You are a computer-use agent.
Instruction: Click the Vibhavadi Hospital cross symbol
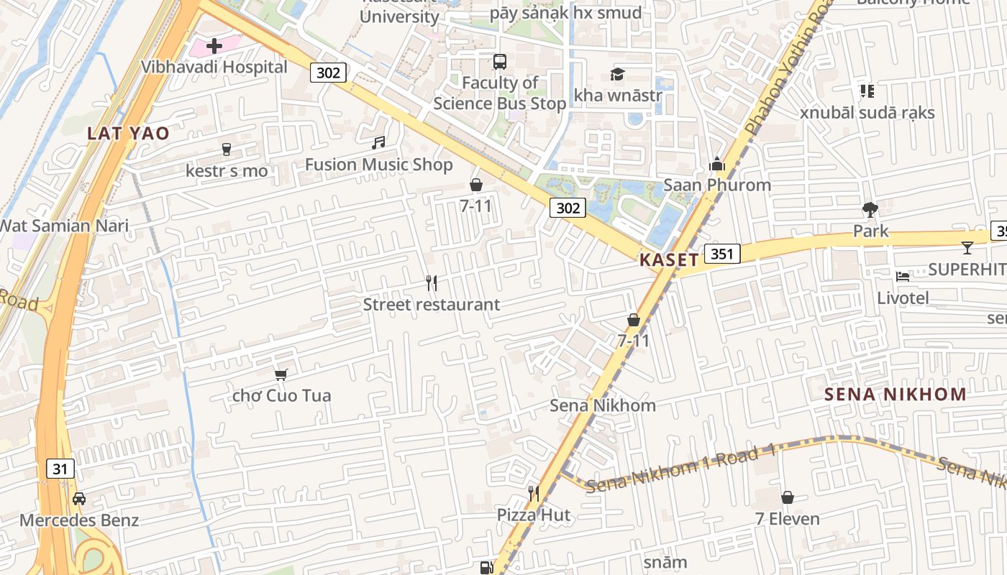click(x=214, y=46)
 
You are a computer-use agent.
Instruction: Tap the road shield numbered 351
click(x=722, y=253)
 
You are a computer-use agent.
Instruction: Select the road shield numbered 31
click(x=60, y=469)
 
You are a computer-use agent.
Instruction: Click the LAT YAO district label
click(x=128, y=133)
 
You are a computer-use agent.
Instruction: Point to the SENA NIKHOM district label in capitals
click(x=895, y=394)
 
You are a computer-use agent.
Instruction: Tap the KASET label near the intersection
click(x=669, y=260)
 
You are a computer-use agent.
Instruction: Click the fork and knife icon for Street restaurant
click(x=432, y=282)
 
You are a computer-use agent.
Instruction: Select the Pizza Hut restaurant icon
click(x=534, y=493)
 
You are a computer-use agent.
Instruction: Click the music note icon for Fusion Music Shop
click(x=378, y=143)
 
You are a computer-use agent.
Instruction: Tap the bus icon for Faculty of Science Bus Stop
click(x=499, y=61)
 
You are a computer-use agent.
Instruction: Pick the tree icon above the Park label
click(x=870, y=210)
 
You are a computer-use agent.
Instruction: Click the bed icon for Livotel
click(x=903, y=276)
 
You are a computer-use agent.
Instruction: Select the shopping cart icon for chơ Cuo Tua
click(x=281, y=374)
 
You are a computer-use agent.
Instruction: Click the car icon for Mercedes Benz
click(x=79, y=498)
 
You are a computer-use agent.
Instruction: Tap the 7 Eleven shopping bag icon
click(x=788, y=497)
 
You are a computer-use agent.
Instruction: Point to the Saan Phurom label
click(x=716, y=185)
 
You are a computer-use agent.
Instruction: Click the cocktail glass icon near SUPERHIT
click(x=967, y=247)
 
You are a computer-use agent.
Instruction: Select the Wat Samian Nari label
click(x=63, y=226)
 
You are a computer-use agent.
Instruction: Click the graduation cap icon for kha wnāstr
click(x=617, y=73)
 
